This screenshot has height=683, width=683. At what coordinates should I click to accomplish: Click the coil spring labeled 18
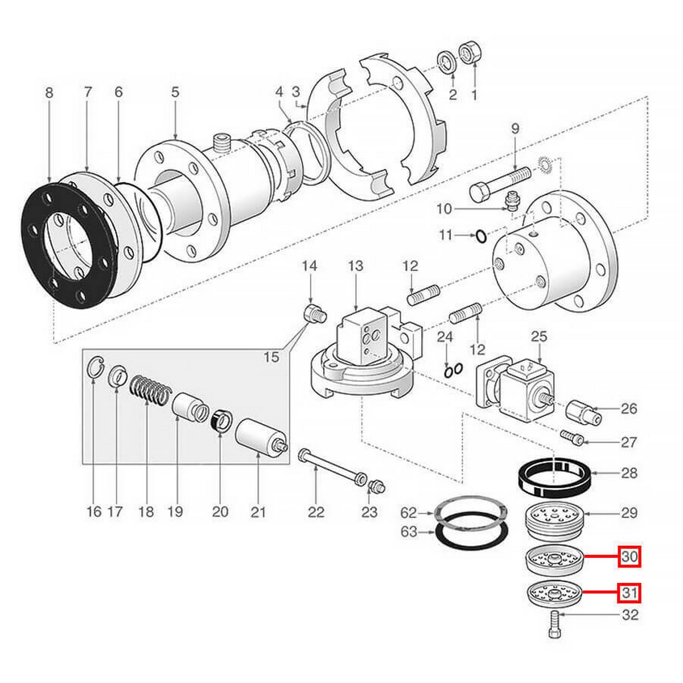pos(150,391)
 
